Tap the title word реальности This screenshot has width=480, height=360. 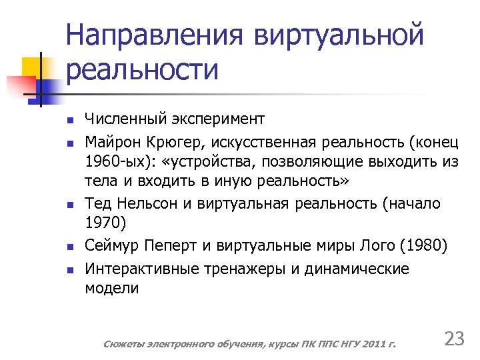click(143, 70)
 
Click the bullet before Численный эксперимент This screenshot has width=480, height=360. click(69, 121)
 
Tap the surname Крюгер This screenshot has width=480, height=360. click(171, 141)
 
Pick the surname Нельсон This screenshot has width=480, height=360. click(148, 203)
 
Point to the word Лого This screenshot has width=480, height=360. click(375, 246)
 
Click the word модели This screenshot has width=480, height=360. click(112, 289)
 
